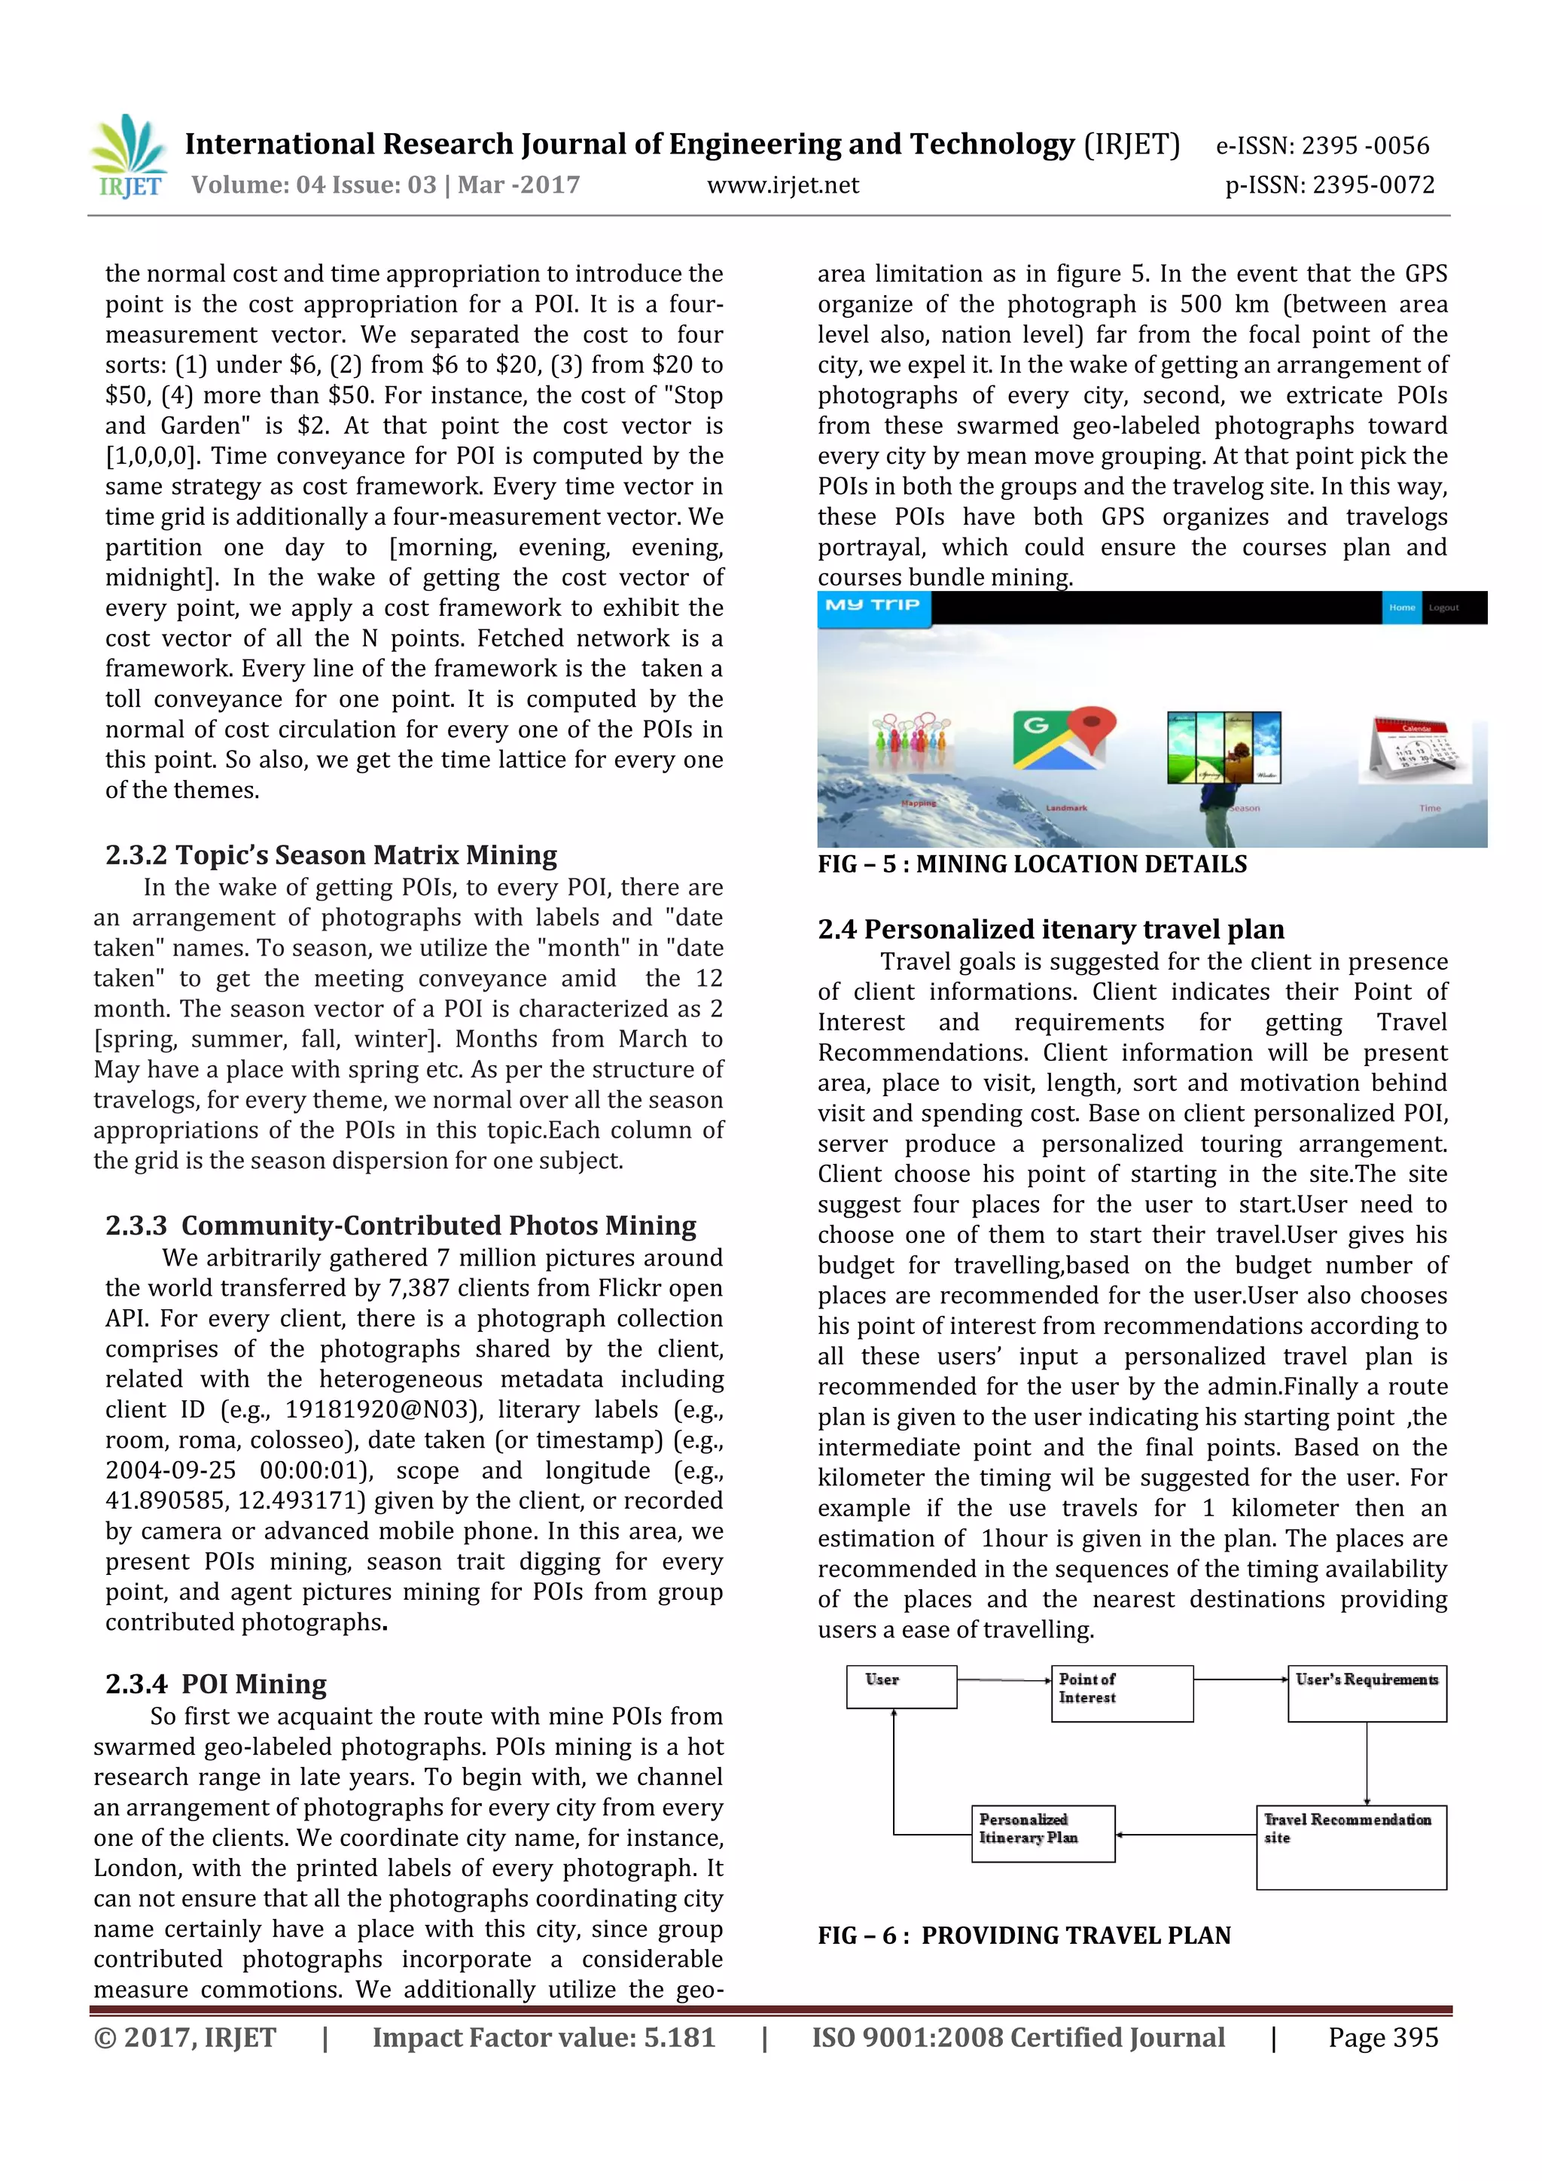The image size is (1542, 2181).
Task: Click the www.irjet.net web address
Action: click(782, 185)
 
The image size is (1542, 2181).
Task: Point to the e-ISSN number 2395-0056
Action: click(1323, 145)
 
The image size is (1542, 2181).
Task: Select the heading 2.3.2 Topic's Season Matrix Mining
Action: click(331, 855)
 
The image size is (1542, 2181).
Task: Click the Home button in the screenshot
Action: click(1401, 608)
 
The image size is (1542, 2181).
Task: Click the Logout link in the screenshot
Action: click(1443, 608)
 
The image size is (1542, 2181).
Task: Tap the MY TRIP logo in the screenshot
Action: click(872, 605)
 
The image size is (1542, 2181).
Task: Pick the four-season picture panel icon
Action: click(1224, 747)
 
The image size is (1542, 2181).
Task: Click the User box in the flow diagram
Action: click(901, 1687)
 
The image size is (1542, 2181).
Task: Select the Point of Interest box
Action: click(1121, 1692)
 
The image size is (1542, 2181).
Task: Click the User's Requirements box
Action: click(1367, 1692)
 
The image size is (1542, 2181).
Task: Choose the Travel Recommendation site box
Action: click(1350, 1847)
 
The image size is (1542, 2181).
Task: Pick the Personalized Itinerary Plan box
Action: click(1042, 1833)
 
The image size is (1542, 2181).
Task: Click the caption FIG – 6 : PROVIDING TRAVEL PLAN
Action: click(1023, 1936)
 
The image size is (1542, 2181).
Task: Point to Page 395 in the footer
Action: click(1382, 2037)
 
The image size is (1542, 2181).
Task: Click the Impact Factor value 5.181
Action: click(544, 2037)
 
